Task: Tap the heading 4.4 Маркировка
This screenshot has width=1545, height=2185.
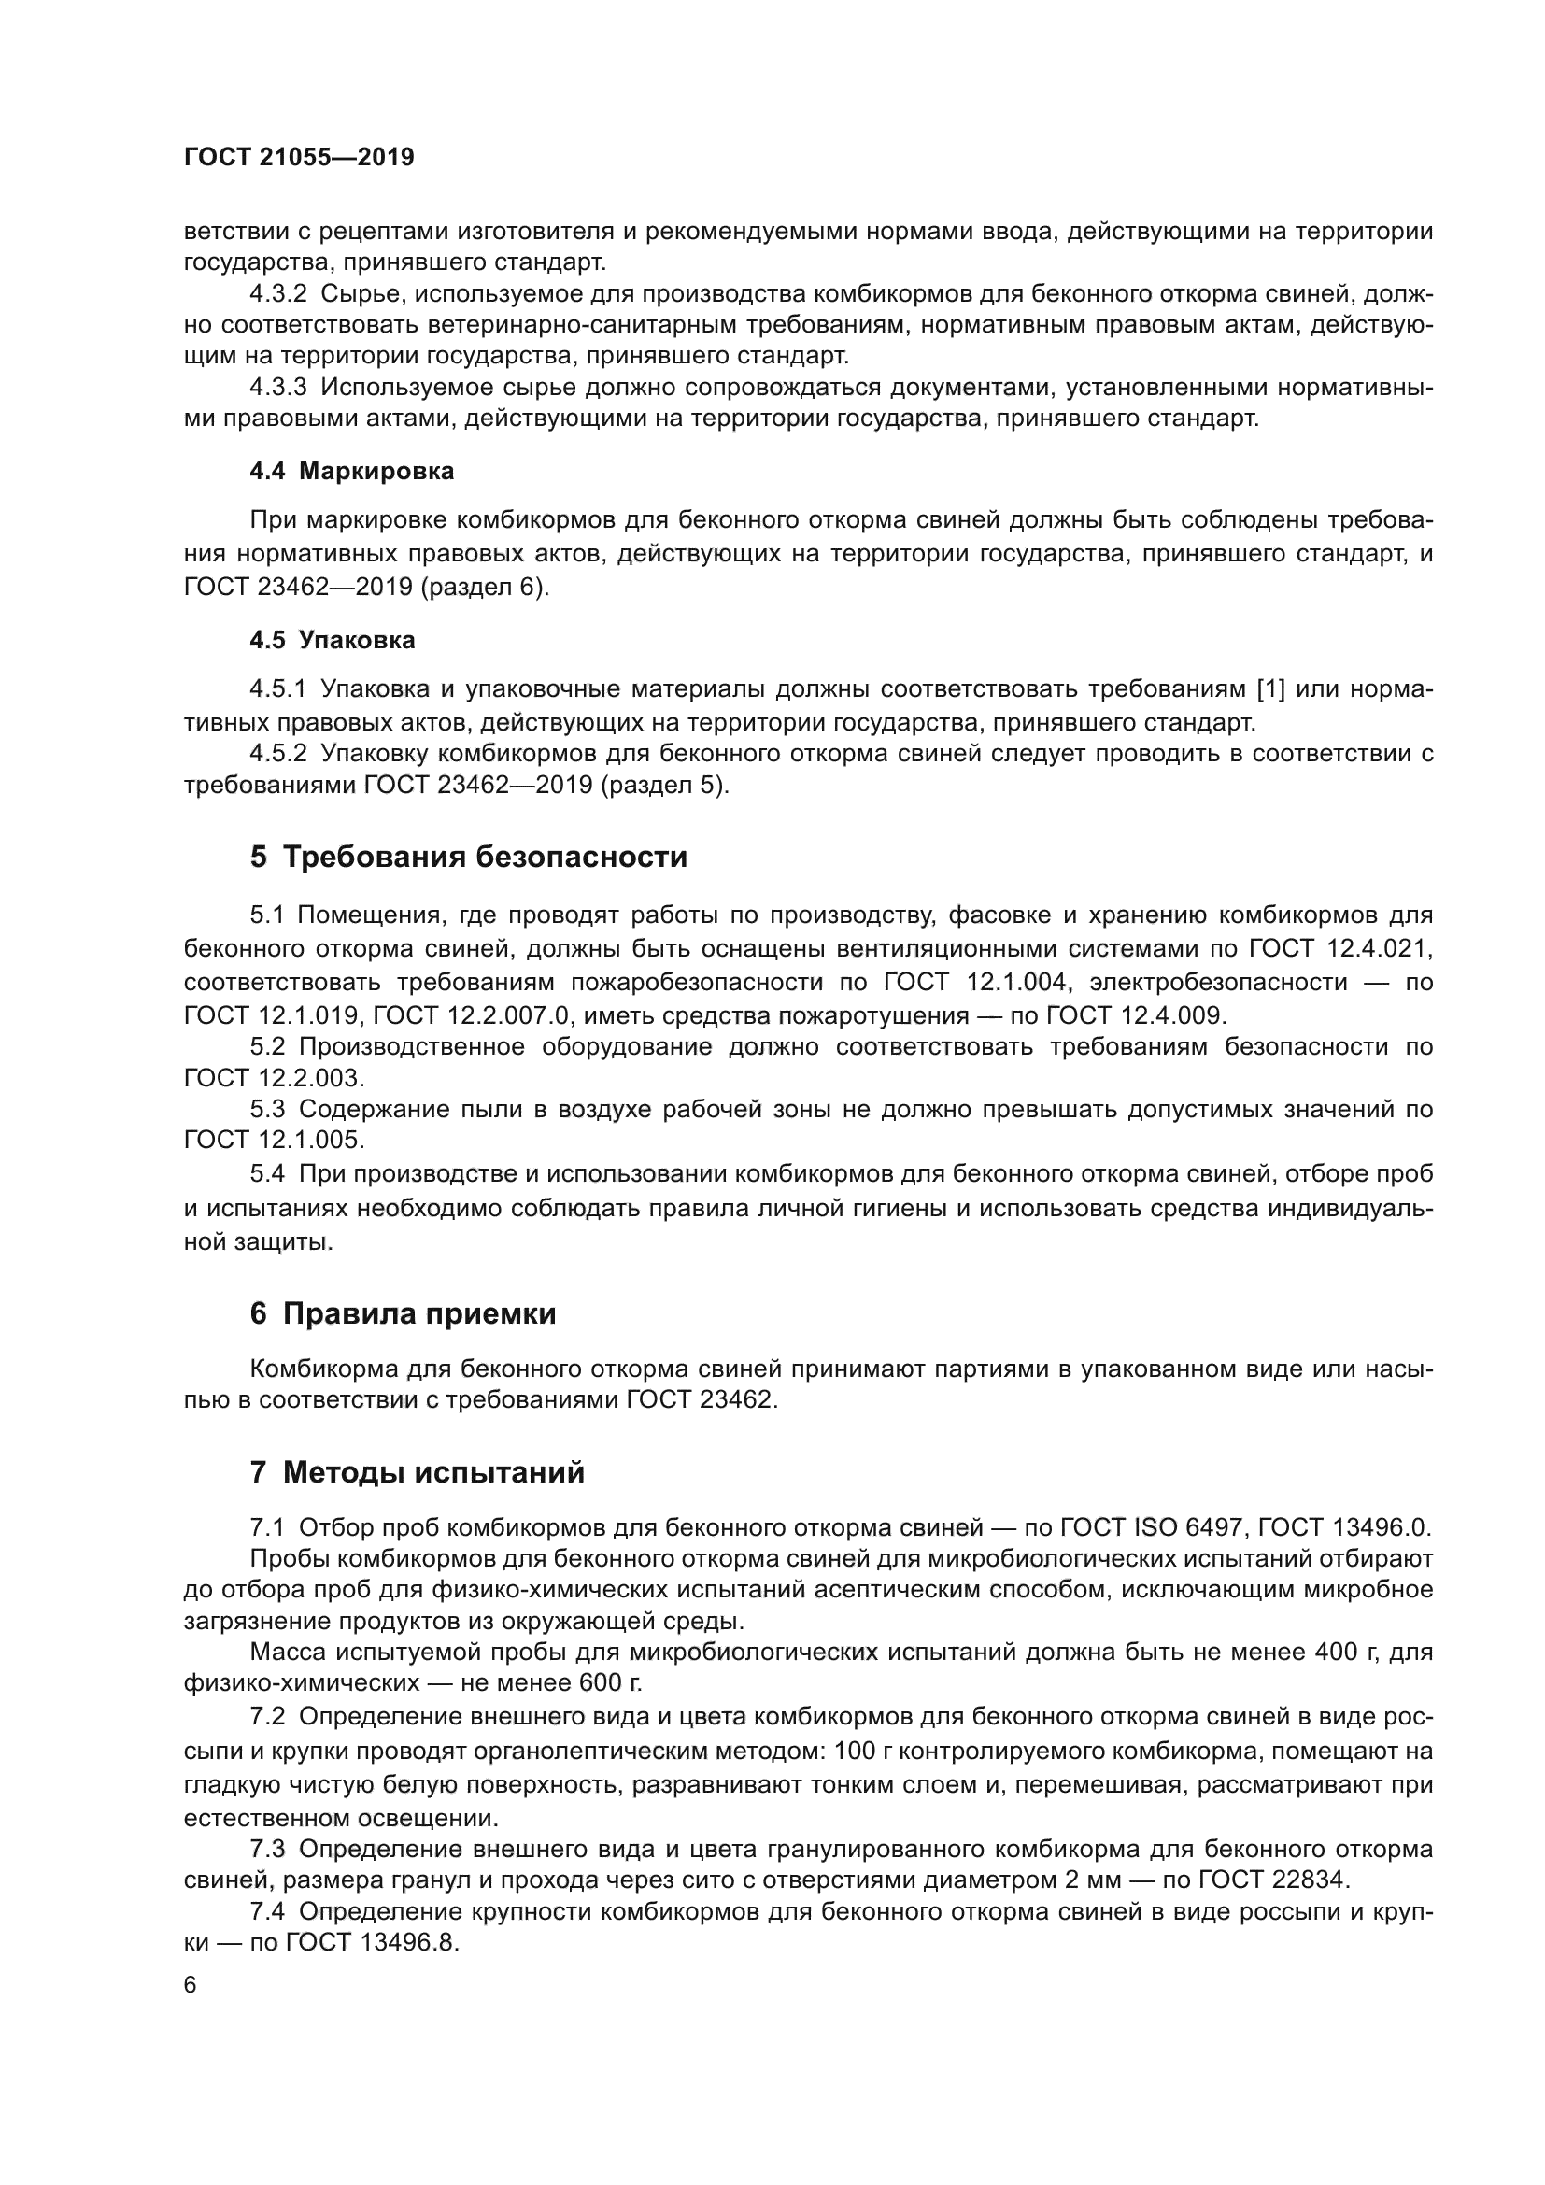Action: coord(351,472)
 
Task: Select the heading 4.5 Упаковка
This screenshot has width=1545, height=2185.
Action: coord(332,641)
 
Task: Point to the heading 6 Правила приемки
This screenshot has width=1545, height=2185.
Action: coord(403,1314)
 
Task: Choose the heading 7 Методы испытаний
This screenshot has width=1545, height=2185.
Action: coord(417,1473)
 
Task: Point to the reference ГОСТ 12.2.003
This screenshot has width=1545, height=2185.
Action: coord(274,1078)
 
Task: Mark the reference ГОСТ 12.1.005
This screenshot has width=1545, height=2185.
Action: coord(274,1140)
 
